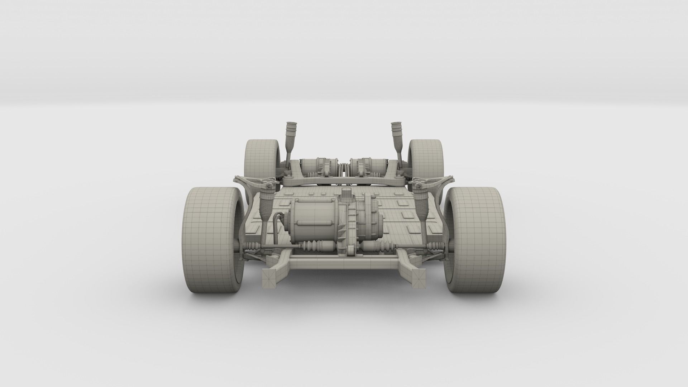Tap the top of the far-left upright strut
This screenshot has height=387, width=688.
[x=291, y=129]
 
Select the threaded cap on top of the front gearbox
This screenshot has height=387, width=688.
[x=346, y=195]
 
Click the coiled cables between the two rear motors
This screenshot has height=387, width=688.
[x=344, y=168]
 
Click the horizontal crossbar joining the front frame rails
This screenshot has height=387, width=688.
[x=344, y=264]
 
